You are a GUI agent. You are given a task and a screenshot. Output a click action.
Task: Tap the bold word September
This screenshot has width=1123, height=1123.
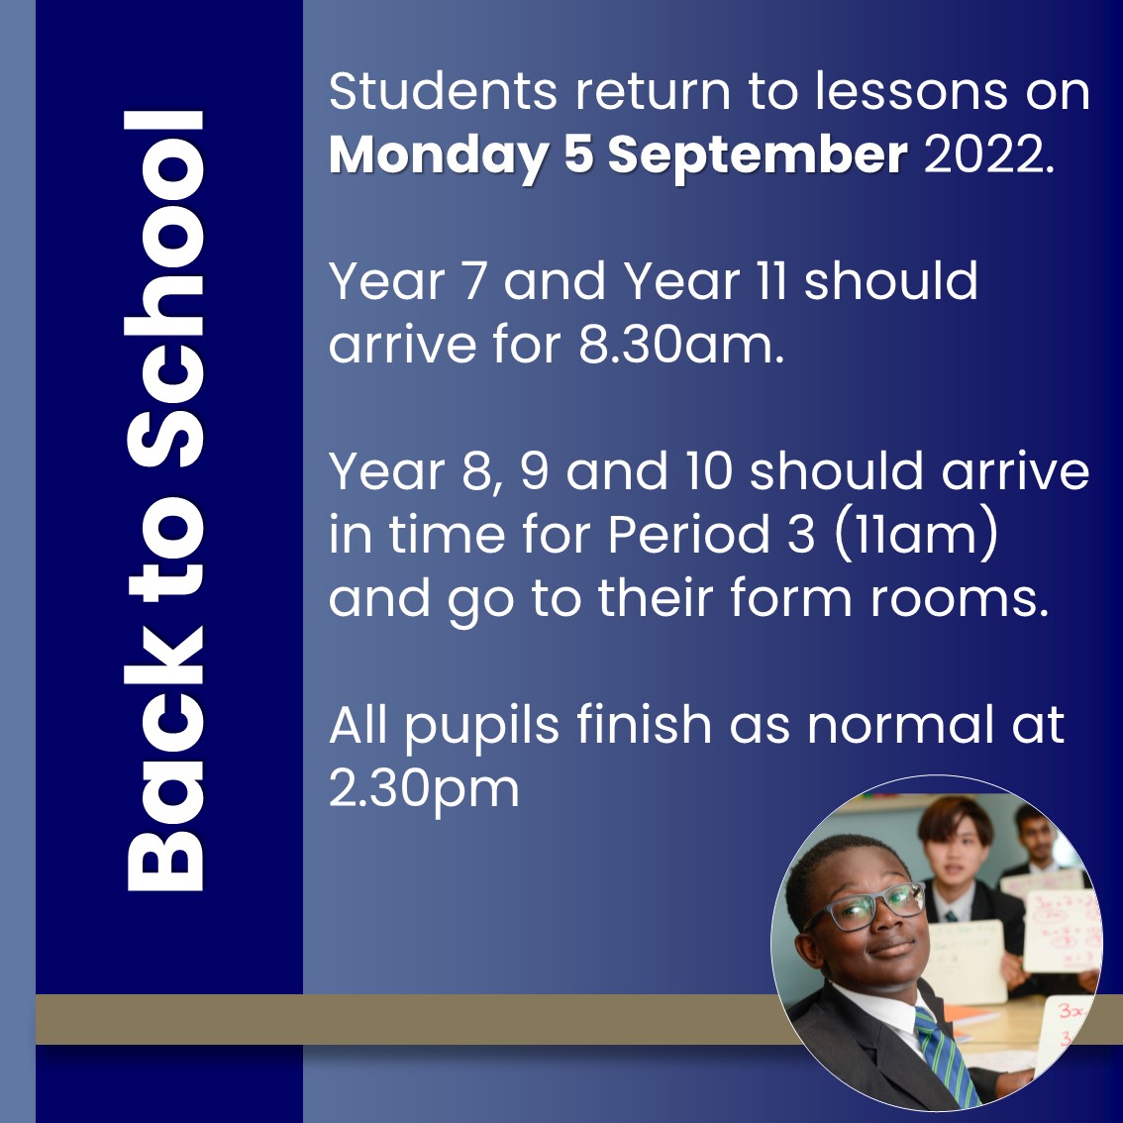click(x=757, y=155)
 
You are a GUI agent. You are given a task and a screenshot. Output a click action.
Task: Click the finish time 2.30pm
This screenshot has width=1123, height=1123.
click(x=424, y=789)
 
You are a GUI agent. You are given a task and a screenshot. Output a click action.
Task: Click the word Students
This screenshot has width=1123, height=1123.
click(x=443, y=92)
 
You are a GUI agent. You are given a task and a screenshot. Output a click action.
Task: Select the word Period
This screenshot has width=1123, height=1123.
click(x=687, y=536)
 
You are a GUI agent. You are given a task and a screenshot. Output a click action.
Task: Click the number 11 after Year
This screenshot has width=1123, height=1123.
click(x=770, y=282)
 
